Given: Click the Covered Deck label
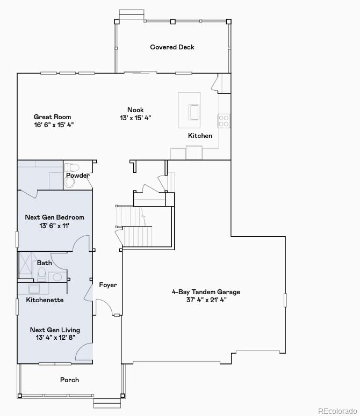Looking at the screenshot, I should tap(172, 47).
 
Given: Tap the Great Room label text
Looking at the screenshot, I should tap(52, 117).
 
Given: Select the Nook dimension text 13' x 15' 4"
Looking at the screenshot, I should tap(135, 118).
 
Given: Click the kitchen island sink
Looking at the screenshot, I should tap(193, 112).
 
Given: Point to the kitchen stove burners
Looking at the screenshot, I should tap(224, 120).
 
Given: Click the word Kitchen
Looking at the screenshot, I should tap(200, 136).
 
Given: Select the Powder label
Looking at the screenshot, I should tap(78, 176).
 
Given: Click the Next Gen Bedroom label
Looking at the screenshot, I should tap(55, 217).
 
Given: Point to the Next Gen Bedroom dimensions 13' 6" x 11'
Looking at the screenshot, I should tap(55, 226).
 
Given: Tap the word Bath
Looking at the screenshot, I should tap(45, 263).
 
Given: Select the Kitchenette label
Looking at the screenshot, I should tap(45, 300).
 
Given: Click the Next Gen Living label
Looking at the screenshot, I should tap(55, 330).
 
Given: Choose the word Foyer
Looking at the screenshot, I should tap(107, 285).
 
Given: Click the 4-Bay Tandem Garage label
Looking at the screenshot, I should tap(206, 292).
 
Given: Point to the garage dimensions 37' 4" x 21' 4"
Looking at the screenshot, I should tap(206, 300).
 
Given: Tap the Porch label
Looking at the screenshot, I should tap(69, 380).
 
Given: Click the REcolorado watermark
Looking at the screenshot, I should tap(337, 411).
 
